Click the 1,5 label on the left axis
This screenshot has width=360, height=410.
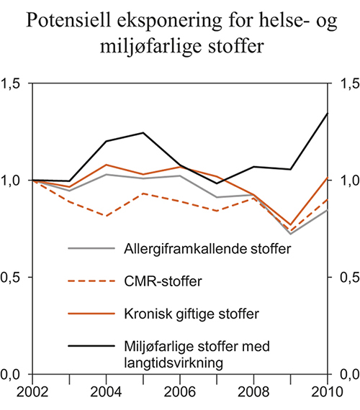pos(13,84)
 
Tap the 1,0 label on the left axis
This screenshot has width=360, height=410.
pos(13,181)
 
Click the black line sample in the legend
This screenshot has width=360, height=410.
pos(91,346)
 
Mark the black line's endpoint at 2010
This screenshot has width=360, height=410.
pos(328,113)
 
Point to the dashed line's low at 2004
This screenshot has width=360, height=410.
pos(105,216)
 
